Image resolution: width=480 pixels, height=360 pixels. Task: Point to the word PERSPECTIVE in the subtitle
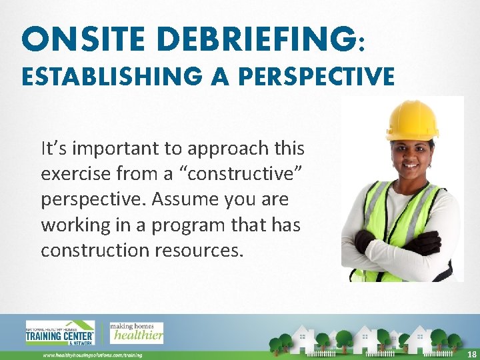pyautogui.click(x=316, y=77)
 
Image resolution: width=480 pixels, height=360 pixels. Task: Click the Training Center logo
pyautogui.click(x=60, y=333)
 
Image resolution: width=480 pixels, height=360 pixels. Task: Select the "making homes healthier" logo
pyautogui.click(x=137, y=332)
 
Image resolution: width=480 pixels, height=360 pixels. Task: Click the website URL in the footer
pyautogui.click(x=93, y=355)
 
